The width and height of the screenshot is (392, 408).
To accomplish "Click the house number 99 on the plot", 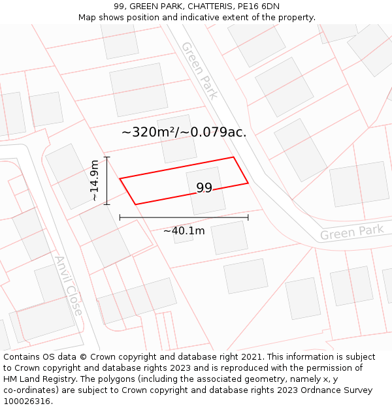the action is pos(204,188).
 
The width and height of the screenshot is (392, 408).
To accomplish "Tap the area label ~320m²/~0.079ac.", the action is pos(184,132).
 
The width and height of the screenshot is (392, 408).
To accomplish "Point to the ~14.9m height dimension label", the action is pos(95,180).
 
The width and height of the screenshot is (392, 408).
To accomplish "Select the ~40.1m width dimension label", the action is pos(184,230).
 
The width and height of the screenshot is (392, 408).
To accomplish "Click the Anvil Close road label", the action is pos(69,285).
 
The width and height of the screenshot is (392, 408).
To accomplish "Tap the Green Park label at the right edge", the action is pos(351,232).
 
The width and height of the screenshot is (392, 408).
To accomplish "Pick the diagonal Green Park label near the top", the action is pos(200,71).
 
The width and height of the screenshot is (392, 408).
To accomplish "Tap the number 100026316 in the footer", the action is pos(27,401).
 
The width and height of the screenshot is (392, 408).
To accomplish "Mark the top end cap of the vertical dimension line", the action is pos(107,157).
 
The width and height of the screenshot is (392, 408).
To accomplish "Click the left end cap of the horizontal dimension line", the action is pos(120,217).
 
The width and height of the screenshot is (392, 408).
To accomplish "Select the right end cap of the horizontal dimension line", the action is pos(248,217).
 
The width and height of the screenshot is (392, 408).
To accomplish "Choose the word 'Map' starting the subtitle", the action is pos(88,17).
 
